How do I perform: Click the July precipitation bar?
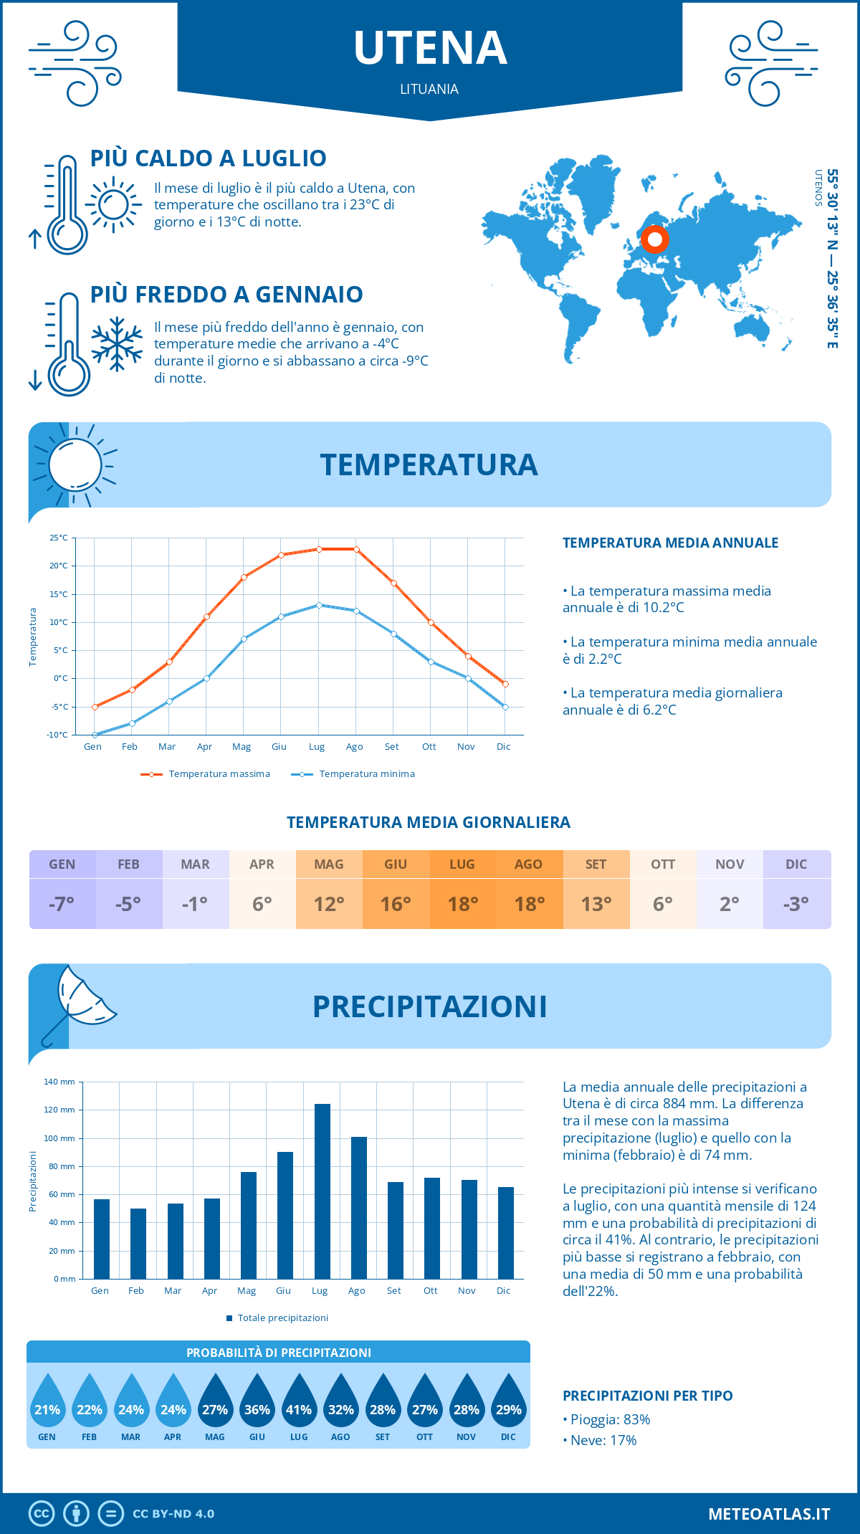tap(322, 1191)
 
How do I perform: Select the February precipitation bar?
tap(138, 1243)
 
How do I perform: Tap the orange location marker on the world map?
tap(654, 239)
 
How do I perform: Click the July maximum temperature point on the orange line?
tap(319, 549)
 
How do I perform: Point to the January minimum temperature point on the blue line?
tap(95, 735)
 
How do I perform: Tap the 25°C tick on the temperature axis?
tap(59, 538)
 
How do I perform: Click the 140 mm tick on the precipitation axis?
tap(59, 1082)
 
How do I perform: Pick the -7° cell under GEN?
tap(62, 904)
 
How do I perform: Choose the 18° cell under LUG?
tap(462, 904)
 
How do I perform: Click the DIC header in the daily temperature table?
tap(796, 864)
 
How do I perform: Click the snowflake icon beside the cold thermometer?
tap(117, 344)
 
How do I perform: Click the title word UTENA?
tap(430, 48)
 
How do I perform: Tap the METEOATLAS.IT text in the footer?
tap(769, 1514)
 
